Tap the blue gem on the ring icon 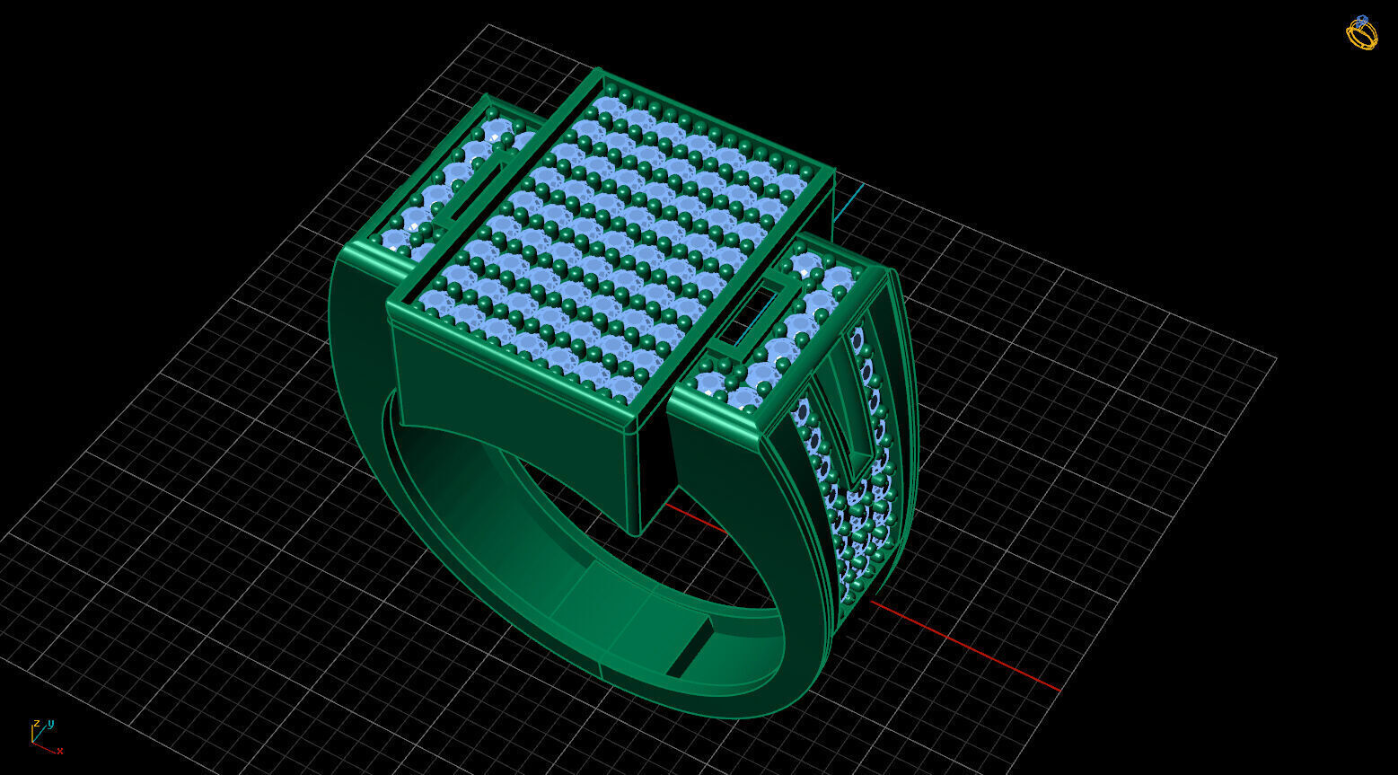click(1362, 19)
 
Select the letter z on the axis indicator click(36, 723)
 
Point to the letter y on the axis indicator click(50, 722)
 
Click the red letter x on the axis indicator click(59, 751)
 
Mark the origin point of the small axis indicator click(33, 743)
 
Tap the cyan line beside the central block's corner click(848, 203)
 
